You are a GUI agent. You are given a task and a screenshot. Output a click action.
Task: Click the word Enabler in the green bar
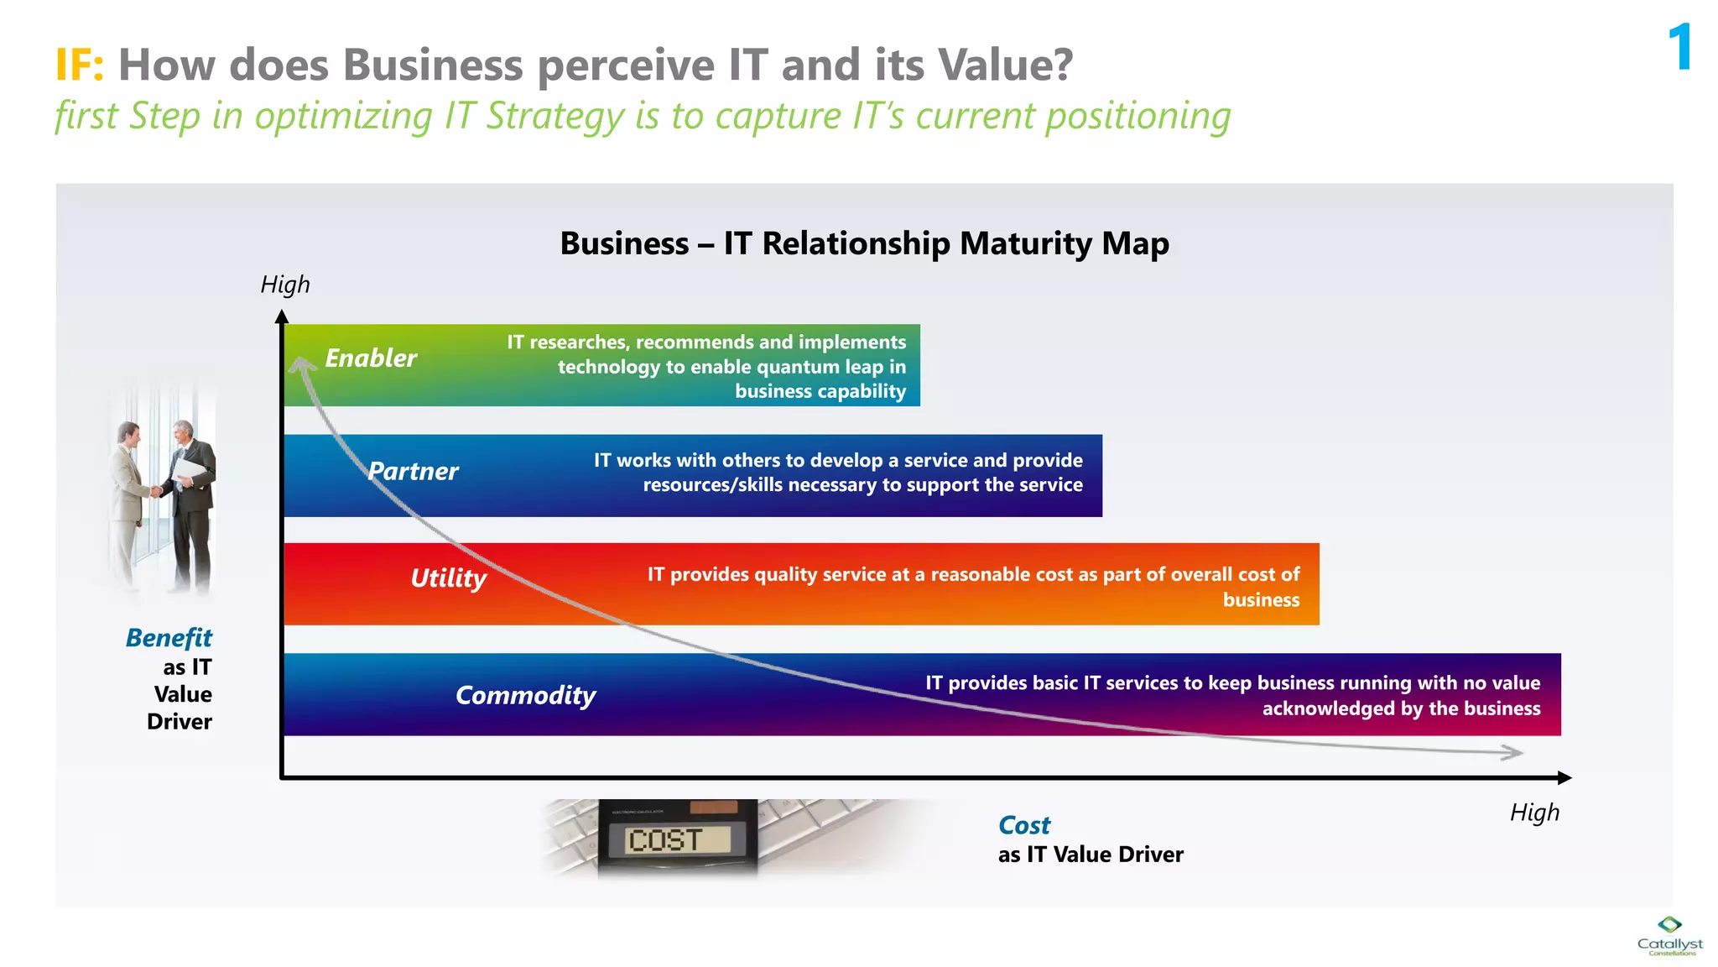click(370, 358)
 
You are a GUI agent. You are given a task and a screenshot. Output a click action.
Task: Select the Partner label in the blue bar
click(413, 471)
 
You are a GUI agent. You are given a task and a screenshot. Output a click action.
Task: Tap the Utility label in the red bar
click(448, 578)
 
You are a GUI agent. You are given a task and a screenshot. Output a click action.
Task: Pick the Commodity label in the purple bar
click(525, 695)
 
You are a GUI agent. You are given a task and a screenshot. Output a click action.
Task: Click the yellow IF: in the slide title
click(80, 65)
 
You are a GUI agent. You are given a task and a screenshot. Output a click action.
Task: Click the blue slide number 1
click(1679, 48)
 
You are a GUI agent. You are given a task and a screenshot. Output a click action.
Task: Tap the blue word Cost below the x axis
click(1023, 825)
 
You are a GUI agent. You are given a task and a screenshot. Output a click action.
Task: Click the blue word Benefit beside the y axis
click(169, 638)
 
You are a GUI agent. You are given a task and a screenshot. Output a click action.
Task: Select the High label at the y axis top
click(284, 285)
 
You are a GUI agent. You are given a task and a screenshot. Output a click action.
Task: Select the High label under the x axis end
click(1534, 813)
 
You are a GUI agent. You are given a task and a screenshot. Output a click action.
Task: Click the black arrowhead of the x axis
click(1564, 778)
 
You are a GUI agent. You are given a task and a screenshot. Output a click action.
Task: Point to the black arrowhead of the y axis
click(282, 317)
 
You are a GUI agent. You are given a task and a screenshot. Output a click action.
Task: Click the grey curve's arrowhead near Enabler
click(300, 364)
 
